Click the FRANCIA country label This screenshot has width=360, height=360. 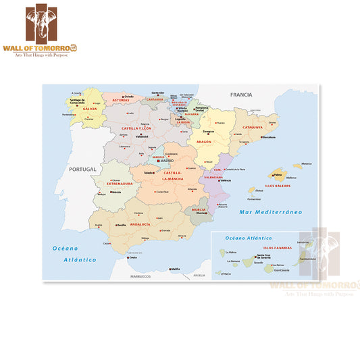pos(241,95)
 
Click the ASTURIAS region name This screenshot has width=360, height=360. pos(121,99)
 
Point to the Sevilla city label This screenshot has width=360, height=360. pos(121,225)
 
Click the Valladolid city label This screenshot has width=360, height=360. pos(142,136)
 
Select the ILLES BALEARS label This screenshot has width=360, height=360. pos(278,184)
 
